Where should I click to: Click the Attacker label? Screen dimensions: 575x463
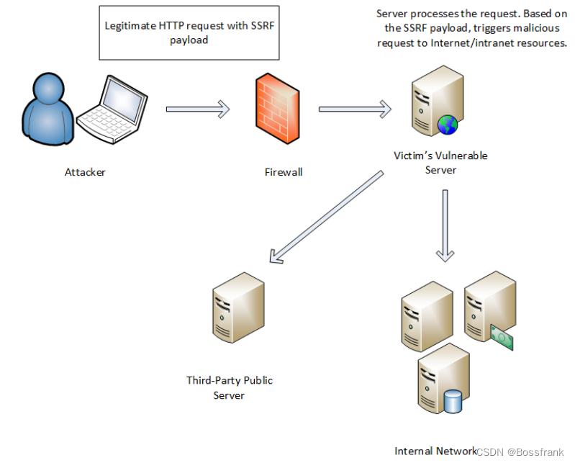(85, 172)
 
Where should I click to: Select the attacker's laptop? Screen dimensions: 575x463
(112, 109)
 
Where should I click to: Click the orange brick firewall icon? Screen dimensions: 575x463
(278, 108)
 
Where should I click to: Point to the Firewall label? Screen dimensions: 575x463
(284, 172)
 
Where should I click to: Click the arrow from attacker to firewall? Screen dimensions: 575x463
(198, 109)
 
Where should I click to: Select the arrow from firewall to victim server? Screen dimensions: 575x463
(355, 109)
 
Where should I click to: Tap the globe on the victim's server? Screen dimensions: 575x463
(448, 125)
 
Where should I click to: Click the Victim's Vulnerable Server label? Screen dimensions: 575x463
(440, 163)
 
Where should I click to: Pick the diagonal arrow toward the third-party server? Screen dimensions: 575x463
(327, 217)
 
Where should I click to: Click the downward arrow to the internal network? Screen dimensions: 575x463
(445, 225)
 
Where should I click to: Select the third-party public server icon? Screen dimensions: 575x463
(238, 307)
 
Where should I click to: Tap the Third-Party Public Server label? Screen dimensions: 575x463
(229, 387)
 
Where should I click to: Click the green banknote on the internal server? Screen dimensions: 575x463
(502, 338)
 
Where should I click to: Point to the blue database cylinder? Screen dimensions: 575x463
(453, 402)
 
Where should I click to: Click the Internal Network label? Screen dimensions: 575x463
(435, 451)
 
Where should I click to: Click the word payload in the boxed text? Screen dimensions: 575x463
(189, 40)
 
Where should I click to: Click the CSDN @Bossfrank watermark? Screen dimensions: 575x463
(520, 452)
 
